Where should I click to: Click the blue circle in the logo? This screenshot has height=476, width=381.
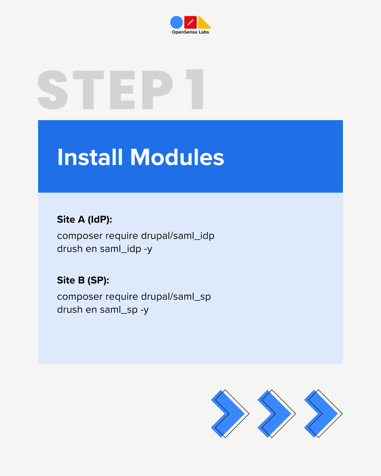[x=176, y=22]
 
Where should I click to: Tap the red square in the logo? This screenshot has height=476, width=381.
[x=190, y=22]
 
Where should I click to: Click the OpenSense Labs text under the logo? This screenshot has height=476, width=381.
[x=190, y=32]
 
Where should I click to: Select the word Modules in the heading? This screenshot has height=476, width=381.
[x=177, y=157]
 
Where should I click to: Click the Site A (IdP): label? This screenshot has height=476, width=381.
[x=85, y=220]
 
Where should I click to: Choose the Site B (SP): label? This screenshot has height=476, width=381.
[x=83, y=280]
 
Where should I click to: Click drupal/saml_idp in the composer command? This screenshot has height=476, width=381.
[x=177, y=236]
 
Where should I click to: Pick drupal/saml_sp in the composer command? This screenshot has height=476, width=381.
[x=176, y=297]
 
